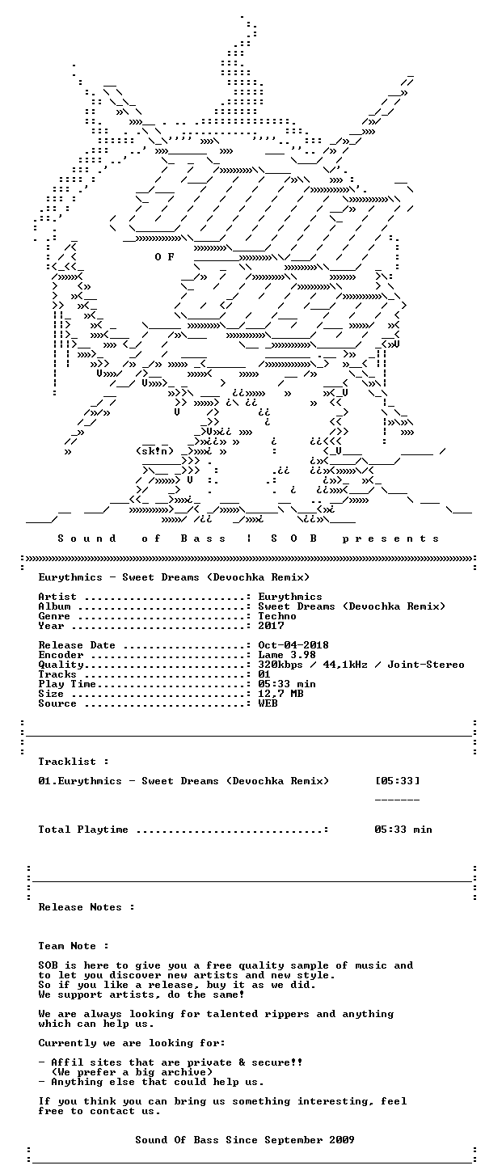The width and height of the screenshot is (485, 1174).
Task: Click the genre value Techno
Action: coord(277,616)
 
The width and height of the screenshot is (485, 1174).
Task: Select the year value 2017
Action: coord(271,625)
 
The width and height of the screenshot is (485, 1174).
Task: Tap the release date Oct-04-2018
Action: coord(293,644)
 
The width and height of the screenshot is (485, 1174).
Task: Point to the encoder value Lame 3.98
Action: coord(287,655)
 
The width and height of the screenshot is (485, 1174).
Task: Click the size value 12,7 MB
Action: coord(280,694)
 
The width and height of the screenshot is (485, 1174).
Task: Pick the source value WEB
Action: coord(268,703)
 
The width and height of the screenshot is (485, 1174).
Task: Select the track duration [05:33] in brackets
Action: coord(397,780)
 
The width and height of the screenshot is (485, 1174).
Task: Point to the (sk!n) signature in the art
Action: coord(154,450)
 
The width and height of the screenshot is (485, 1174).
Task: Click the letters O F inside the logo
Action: coord(164,257)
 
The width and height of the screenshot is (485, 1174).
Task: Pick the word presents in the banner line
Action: coord(390,538)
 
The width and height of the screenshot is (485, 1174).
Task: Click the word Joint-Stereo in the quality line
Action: coord(426,664)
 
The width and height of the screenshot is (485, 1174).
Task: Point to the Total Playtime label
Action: coord(83,829)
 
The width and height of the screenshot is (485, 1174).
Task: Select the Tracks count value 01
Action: coord(264,674)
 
